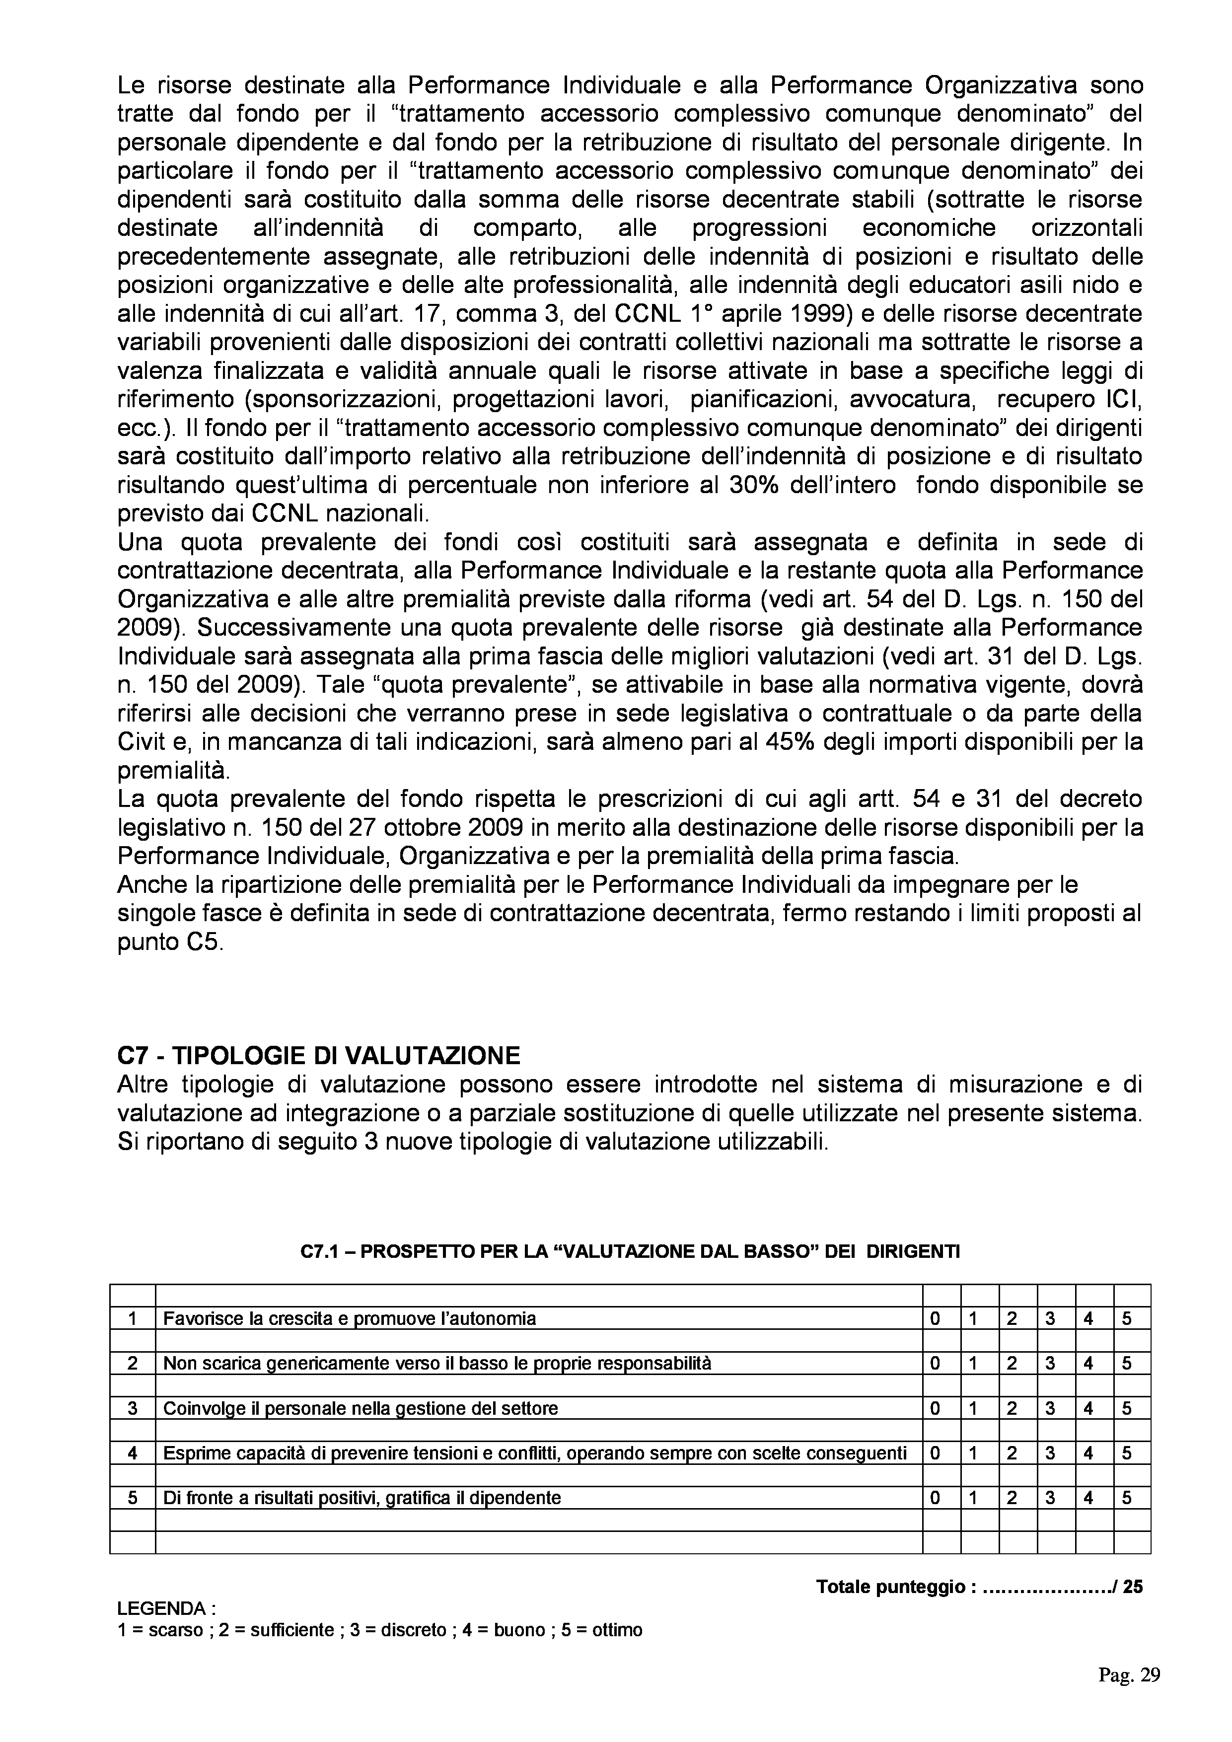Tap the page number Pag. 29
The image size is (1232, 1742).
1129,1675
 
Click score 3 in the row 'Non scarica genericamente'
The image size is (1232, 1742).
1049,1364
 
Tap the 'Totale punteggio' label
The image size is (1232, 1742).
895,1587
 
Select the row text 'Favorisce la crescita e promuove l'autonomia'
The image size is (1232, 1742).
350,1318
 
